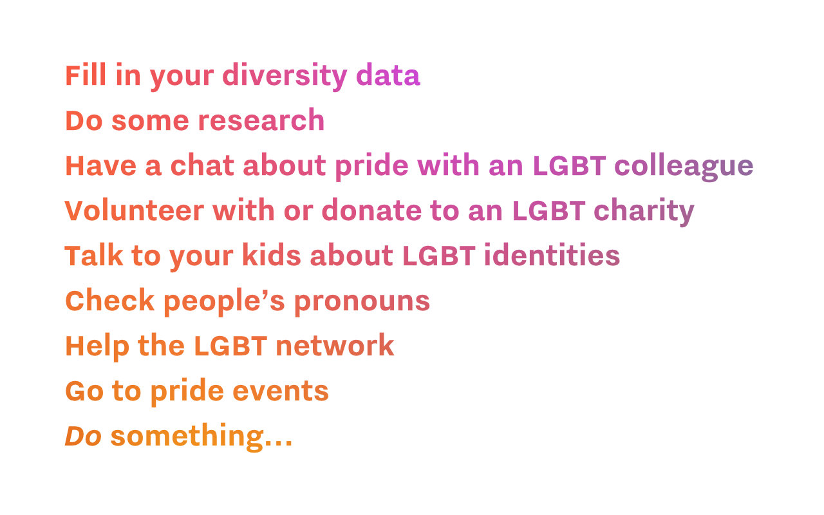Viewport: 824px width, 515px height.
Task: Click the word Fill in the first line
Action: point(86,75)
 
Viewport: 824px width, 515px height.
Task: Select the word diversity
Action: point(285,75)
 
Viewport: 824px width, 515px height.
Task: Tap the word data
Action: point(388,75)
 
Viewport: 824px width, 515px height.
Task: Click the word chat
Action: point(202,166)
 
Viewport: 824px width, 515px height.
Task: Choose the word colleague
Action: point(684,166)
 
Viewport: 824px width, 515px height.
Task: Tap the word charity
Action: point(644,211)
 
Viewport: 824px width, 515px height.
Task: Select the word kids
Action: point(271,256)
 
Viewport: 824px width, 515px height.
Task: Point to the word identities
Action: point(552,256)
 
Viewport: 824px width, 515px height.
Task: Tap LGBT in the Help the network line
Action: point(230,346)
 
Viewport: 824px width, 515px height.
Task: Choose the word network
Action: point(334,346)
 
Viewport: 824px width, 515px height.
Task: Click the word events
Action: point(281,391)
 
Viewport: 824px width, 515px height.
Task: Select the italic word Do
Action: point(83,436)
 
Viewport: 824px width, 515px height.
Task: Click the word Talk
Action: point(93,256)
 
